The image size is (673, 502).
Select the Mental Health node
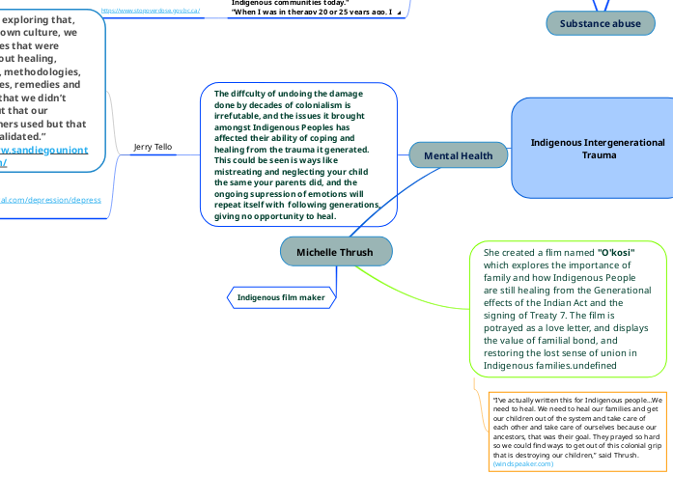coord(458,154)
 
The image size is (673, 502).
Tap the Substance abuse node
coord(600,23)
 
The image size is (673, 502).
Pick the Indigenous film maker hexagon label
coord(282,297)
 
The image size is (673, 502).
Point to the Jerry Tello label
coord(153,147)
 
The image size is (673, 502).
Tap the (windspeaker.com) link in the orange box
coord(523,463)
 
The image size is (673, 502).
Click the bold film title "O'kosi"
coord(616,252)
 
